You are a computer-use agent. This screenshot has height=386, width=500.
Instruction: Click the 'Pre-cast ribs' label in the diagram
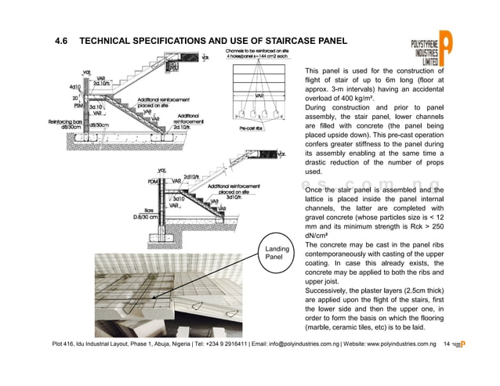(x=252, y=128)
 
